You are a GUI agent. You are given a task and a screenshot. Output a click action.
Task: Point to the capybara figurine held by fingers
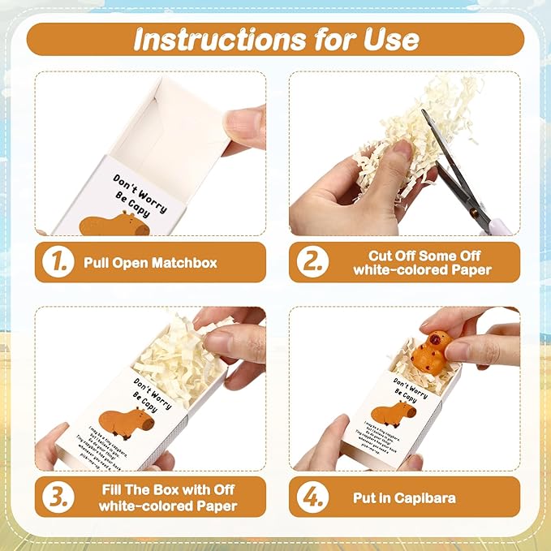pos(430,351)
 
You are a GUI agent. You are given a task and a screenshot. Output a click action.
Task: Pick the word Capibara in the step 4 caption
pos(431,497)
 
